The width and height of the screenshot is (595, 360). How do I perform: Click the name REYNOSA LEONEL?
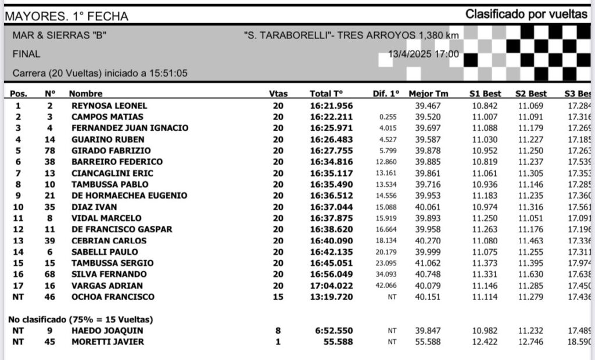pos(109,106)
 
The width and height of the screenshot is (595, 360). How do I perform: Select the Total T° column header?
pos(326,93)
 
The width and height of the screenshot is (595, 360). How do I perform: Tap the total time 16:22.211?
pos(331,117)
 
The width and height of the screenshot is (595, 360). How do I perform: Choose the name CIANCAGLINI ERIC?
pos(112,173)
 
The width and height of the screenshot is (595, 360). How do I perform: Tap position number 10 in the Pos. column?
pos(18,207)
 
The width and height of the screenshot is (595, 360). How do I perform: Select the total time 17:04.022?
pos(331,286)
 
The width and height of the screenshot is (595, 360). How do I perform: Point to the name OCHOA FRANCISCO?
pos(113,297)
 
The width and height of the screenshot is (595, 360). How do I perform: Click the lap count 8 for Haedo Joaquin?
pos(278,330)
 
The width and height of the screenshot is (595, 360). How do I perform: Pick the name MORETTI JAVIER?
pos(107,341)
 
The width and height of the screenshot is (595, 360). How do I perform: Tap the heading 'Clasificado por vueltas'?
pos(526,15)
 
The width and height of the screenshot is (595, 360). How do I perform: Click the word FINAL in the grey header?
pos(26,54)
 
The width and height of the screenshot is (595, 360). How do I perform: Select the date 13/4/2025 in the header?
pos(410,55)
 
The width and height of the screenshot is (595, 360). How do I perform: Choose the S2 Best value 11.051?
pos(531,218)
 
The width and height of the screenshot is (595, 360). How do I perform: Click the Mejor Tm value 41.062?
pos(428,263)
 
